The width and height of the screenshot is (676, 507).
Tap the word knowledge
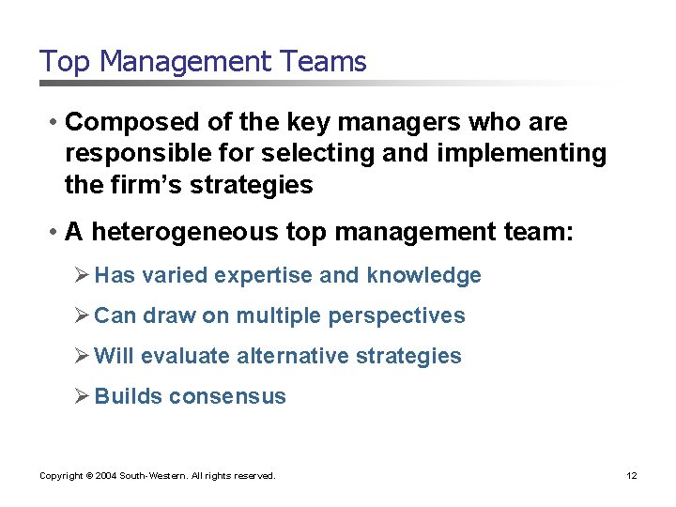coord(424,276)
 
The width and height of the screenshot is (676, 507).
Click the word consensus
coord(228,397)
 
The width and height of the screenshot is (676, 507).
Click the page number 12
coord(631,476)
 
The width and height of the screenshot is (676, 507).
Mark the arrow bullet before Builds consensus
coord(82,396)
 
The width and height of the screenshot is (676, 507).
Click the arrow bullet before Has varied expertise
coord(82,275)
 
